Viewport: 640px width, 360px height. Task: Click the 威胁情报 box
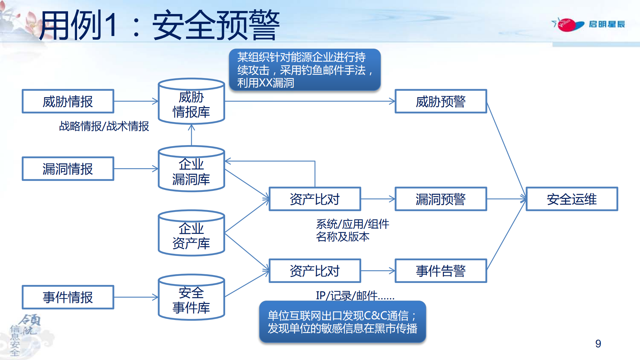click(68, 101)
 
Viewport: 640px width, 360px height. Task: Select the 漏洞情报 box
click(68, 169)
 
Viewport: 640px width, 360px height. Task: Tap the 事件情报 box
click(68, 297)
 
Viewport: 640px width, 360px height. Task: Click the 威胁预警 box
click(441, 101)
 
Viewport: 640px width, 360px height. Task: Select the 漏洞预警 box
click(441, 199)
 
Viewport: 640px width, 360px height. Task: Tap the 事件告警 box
click(441, 271)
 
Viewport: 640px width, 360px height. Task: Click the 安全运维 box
click(572, 199)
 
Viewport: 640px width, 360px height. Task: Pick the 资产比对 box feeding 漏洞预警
click(314, 199)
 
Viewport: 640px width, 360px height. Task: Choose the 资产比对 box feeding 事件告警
click(314, 271)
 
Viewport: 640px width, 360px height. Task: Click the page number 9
click(598, 344)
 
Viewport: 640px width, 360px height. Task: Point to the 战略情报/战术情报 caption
click(104, 126)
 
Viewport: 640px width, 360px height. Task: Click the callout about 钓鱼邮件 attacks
click(304, 70)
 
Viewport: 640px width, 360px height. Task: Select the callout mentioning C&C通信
click(343, 322)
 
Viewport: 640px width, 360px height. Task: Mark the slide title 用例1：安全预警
click(159, 25)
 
